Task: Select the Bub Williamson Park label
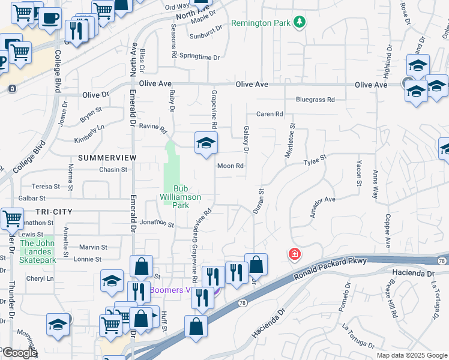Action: point(180,196)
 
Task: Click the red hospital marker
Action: point(294,254)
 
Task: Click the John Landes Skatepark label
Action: point(38,251)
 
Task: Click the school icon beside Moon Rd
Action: point(206,143)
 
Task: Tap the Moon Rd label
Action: point(231,166)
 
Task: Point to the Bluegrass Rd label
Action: point(315,100)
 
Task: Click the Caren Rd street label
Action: point(270,114)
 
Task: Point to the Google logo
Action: point(19,353)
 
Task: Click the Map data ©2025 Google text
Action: point(411,355)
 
